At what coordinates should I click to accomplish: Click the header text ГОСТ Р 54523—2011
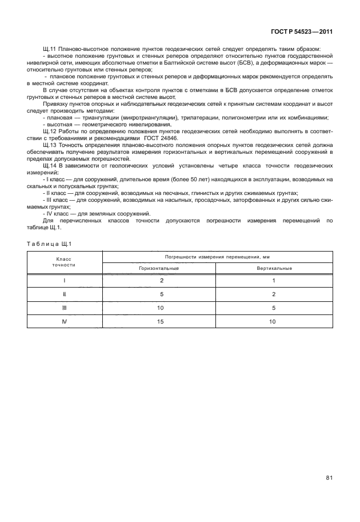302,32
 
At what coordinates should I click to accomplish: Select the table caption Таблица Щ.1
50,244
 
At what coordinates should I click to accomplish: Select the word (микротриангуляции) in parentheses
146,118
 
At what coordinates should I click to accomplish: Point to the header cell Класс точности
64,262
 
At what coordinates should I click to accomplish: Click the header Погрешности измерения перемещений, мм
217,257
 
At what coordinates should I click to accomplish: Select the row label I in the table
64,281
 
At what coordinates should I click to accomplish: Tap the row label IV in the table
64,322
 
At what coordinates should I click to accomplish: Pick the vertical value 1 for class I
274,281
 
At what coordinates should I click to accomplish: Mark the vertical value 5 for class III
274,308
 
